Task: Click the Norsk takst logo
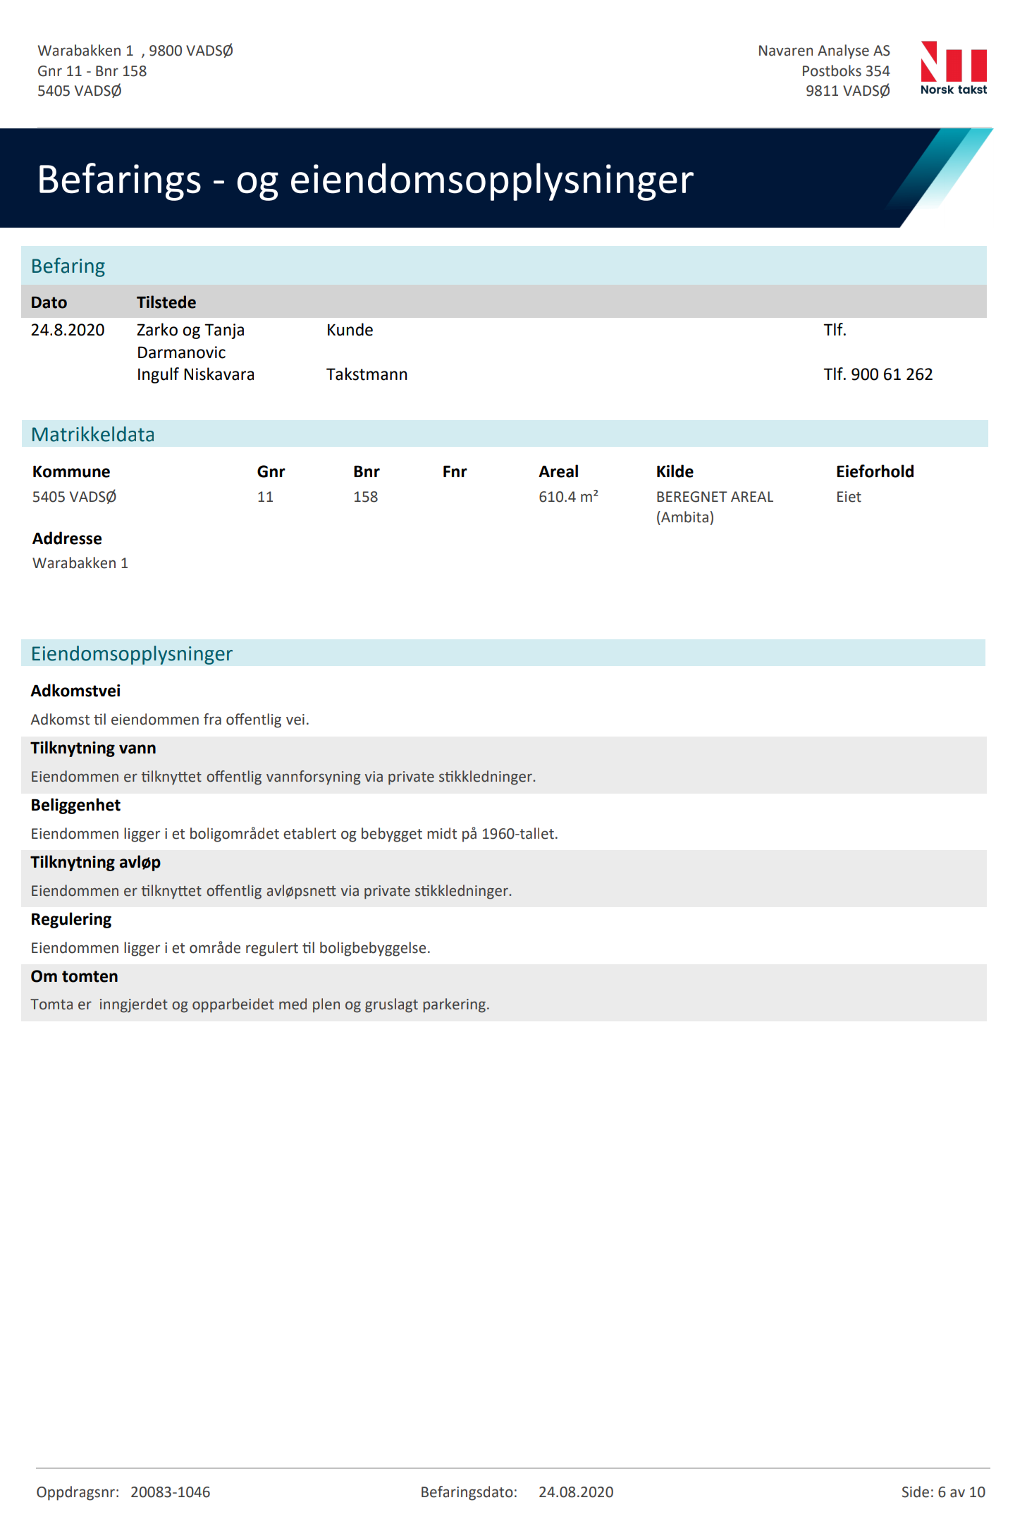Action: pos(953,68)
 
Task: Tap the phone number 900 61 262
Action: pos(891,374)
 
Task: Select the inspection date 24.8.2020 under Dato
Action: pos(68,330)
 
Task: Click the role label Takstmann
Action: pos(367,374)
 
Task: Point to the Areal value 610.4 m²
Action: pos(568,497)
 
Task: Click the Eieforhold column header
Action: pos(875,472)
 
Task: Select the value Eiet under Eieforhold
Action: pos(849,497)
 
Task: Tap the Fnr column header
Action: pos(455,472)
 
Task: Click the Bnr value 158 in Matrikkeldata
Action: pos(365,497)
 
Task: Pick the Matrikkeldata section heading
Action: pos(92,434)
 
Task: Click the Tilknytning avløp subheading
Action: pos(96,862)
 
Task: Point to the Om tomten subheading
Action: pos(74,976)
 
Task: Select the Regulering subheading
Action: pos(71,919)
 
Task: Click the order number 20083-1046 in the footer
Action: pos(170,1492)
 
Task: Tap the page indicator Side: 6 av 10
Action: pos(942,1492)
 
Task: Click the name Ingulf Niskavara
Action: pos(195,374)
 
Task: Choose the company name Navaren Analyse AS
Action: pos(823,51)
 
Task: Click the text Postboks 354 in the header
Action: pos(845,71)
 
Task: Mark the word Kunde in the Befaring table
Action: pos(350,330)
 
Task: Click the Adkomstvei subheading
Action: pos(75,691)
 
